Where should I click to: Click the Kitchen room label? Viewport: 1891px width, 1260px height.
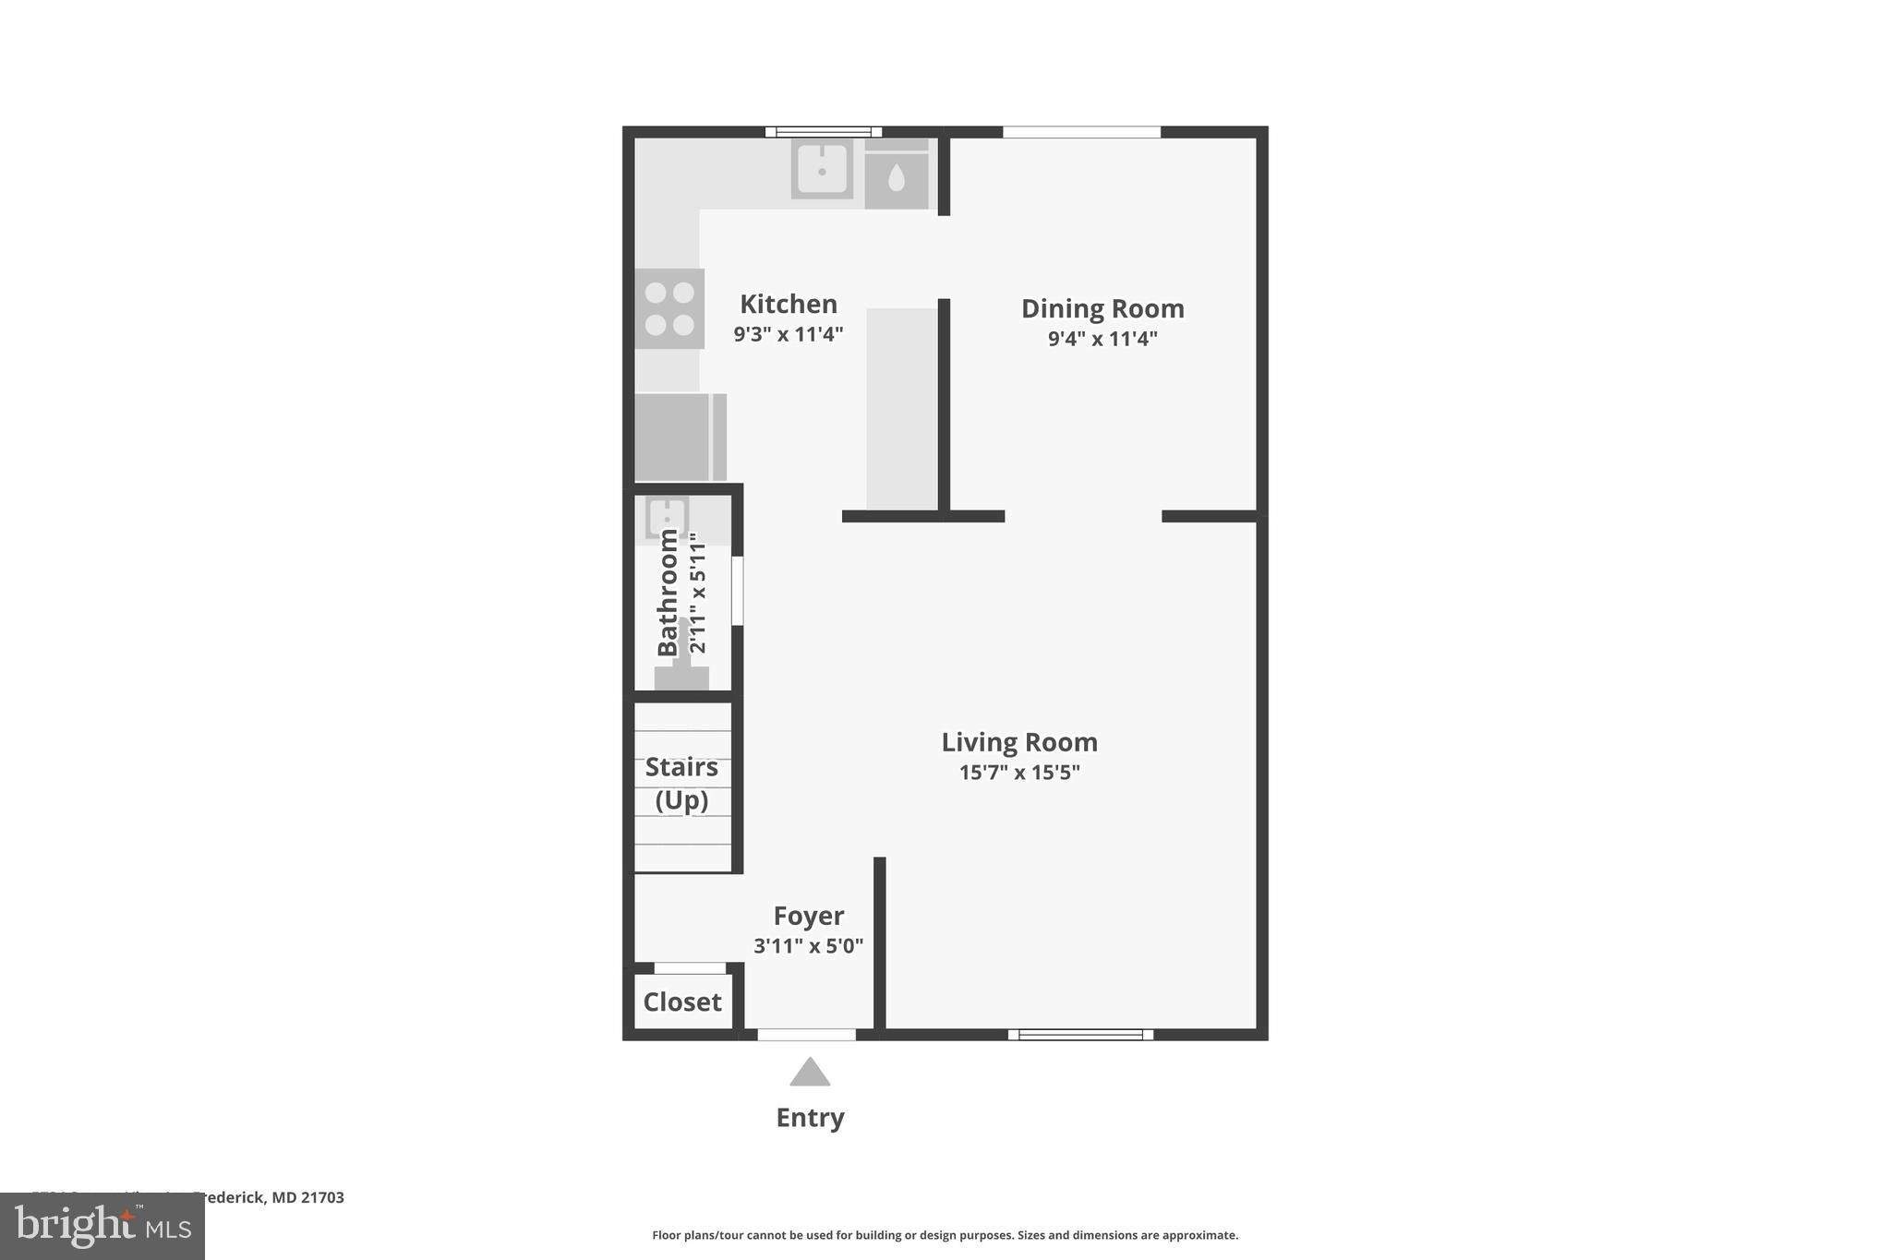(x=788, y=304)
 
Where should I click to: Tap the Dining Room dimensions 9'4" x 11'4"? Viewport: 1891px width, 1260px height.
(x=1102, y=339)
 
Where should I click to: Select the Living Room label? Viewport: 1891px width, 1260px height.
(x=1018, y=742)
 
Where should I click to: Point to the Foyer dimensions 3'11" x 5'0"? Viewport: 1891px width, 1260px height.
(x=808, y=946)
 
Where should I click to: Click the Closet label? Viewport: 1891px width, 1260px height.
(x=681, y=1002)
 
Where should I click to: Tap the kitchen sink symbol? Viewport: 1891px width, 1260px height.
(x=821, y=170)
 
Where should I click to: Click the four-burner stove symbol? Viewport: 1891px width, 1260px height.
(x=669, y=308)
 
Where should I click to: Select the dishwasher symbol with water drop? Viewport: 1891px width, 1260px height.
(x=896, y=177)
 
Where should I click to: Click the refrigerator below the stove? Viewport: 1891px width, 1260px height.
(x=680, y=438)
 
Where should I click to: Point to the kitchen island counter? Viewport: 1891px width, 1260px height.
(x=901, y=408)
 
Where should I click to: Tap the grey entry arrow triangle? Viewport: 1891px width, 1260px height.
(x=810, y=1074)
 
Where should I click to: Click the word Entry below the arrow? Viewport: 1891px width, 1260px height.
(x=810, y=1118)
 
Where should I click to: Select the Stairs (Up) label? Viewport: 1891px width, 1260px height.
(x=681, y=783)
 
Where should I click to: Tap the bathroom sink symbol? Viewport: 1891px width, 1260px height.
(x=666, y=518)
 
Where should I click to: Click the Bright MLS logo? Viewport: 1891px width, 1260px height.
(x=102, y=1227)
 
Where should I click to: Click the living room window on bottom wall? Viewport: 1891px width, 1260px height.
(x=1080, y=1035)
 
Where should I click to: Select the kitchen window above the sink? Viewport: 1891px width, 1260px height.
(x=823, y=132)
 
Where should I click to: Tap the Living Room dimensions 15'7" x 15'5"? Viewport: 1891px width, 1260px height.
(x=1018, y=773)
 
